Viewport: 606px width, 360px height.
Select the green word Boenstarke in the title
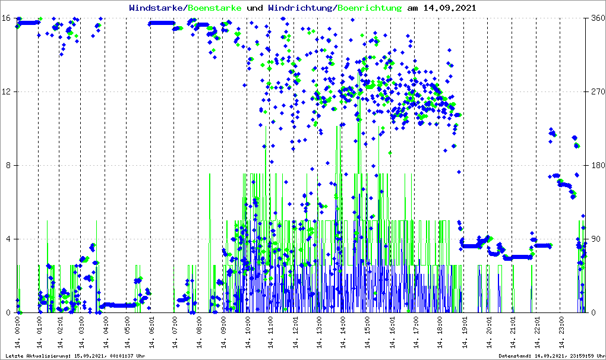214,8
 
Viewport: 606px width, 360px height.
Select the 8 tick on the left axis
9,165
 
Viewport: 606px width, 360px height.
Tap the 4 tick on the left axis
9,239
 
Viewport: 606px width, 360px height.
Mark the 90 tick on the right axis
595,239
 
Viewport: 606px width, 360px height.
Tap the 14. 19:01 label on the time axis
465,332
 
